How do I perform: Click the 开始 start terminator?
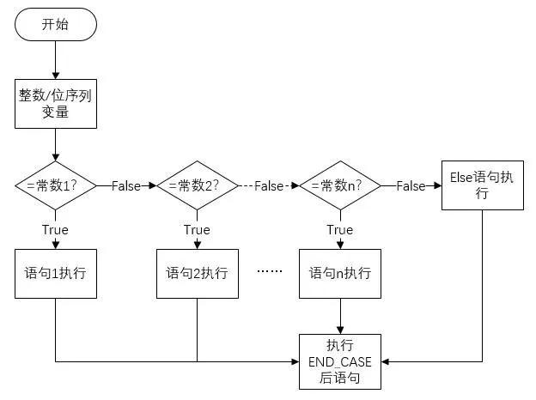point(55,25)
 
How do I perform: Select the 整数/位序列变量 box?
point(55,104)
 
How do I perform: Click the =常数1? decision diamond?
point(54,186)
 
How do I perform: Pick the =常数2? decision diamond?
point(197,186)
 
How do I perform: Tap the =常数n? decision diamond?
point(340,186)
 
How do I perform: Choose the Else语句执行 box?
point(482,185)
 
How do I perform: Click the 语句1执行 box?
point(55,274)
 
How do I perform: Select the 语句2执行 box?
point(197,274)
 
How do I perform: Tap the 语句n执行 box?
point(340,274)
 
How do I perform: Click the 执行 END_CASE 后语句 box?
point(340,361)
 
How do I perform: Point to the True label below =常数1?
point(55,230)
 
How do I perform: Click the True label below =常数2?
point(197,230)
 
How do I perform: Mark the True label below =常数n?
point(340,230)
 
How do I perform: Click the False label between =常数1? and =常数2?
point(125,186)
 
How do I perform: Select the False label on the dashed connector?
point(268,186)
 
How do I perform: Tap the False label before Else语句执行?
point(411,186)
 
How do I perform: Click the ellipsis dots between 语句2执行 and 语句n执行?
point(270,271)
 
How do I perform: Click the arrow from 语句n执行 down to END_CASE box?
point(340,316)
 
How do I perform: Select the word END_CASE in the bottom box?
point(340,361)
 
